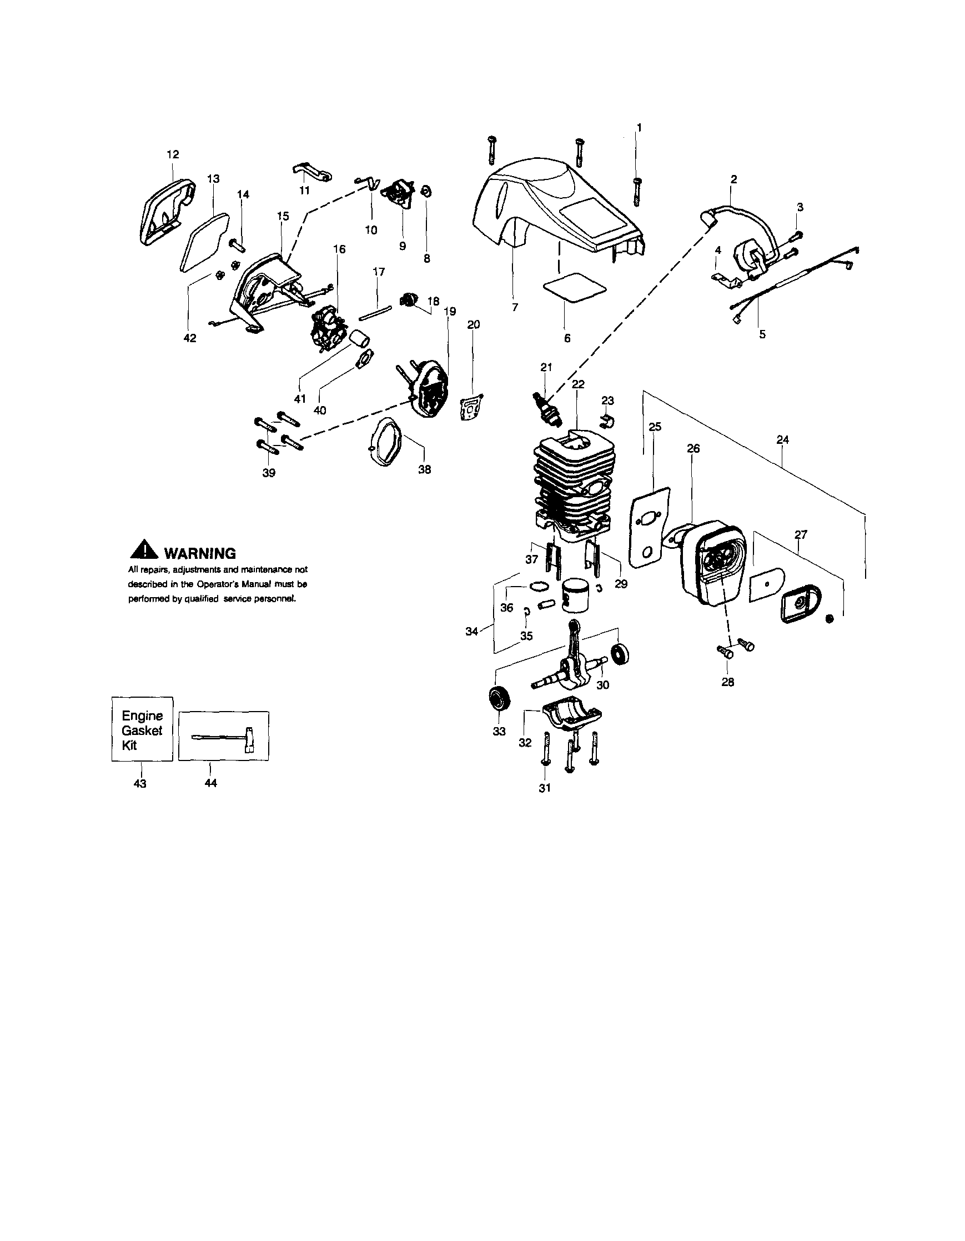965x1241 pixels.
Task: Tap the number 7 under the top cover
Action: pyautogui.click(x=515, y=307)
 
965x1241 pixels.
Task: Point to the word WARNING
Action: pyautogui.click(x=199, y=553)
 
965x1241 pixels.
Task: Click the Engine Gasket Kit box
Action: pyautogui.click(x=142, y=729)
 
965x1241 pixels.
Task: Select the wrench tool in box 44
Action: pyautogui.click(x=224, y=738)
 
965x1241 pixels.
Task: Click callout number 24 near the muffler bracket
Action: pyautogui.click(x=783, y=440)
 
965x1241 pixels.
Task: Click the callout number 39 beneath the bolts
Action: pyautogui.click(x=269, y=473)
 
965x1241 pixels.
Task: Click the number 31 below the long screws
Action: pyautogui.click(x=545, y=788)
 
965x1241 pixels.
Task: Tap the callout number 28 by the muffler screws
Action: pyautogui.click(x=727, y=682)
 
